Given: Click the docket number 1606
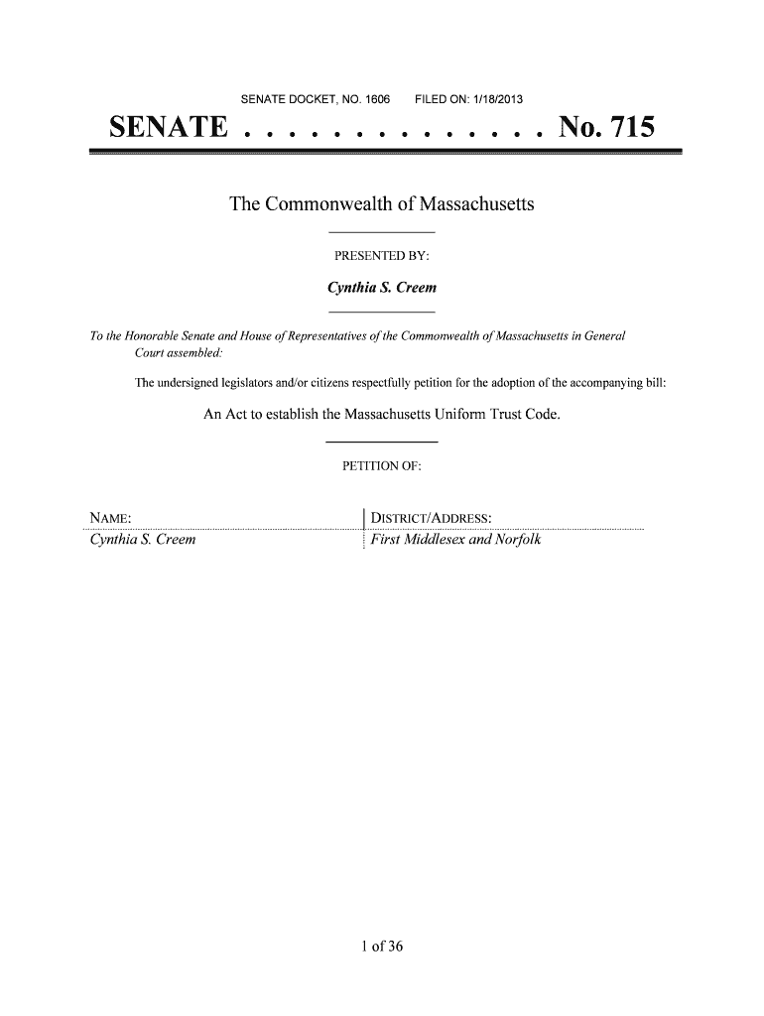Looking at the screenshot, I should (x=378, y=99).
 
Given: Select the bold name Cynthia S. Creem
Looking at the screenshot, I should (x=382, y=288).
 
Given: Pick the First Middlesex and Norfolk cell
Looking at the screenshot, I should (x=455, y=541).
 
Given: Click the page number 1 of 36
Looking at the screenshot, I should (x=382, y=946).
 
